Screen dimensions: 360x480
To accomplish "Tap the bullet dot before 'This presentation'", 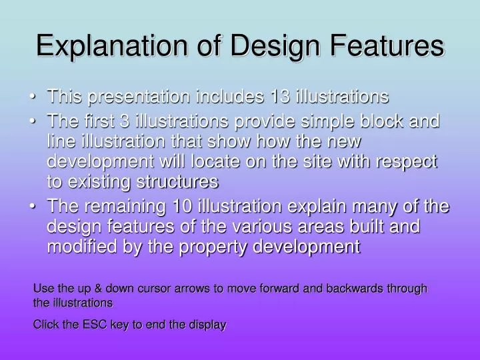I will tap(33, 97).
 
